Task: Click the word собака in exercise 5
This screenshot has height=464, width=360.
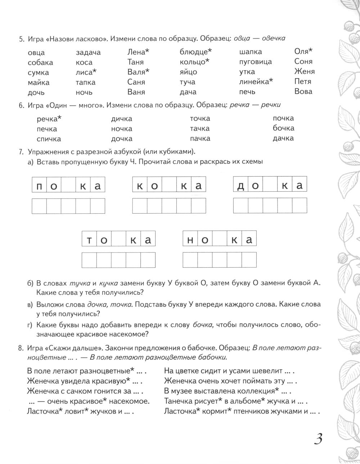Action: (x=40, y=62)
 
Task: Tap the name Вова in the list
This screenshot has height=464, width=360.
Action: (x=303, y=92)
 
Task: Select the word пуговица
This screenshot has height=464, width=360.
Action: (x=255, y=62)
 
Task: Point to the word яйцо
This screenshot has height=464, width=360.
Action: (x=188, y=72)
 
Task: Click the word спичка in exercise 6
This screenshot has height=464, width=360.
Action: (x=49, y=139)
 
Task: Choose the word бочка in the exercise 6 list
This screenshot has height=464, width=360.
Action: (x=283, y=128)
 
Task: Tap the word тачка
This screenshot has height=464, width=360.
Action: (x=200, y=129)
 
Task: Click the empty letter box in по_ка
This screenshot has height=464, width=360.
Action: (x=68, y=186)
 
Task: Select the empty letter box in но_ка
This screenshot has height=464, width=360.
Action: (x=220, y=240)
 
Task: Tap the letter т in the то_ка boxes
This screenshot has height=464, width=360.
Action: (x=89, y=241)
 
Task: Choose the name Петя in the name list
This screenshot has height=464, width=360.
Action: (x=303, y=81)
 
